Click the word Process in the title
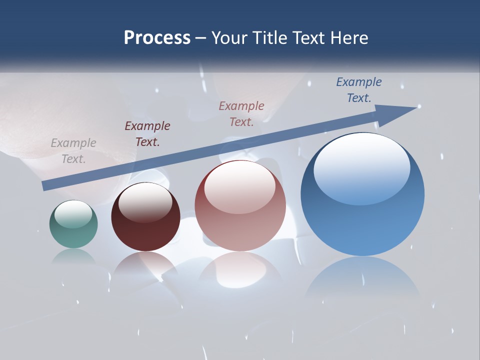(x=157, y=38)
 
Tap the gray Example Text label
(x=73, y=151)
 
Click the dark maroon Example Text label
(x=147, y=133)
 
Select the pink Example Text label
(x=241, y=113)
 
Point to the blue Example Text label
(x=358, y=90)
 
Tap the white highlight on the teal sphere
(x=73, y=214)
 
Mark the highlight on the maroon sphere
(x=145, y=201)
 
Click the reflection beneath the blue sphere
(x=362, y=280)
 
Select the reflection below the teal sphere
(x=73, y=257)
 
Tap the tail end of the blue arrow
(x=45, y=186)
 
